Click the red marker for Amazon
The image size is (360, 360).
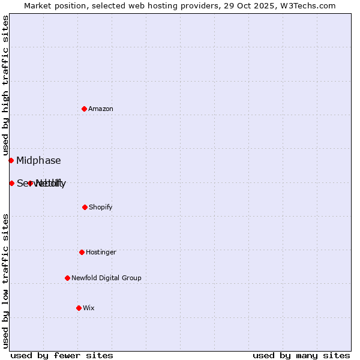coord(84,109)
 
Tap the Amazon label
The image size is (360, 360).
coord(101,109)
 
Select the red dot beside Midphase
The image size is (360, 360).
coord(11,160)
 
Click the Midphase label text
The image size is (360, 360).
coord(38,160)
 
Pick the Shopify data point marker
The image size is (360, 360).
coord(85,207)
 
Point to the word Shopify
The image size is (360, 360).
coord(101,208)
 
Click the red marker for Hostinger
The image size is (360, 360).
coord(82,252)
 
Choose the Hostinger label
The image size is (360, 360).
coord(101,253)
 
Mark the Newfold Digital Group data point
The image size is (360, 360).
coord(67,278)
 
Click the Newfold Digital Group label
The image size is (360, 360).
coord(106,278)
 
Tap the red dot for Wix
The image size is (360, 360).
coord(79,308)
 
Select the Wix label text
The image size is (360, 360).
coord(89,308)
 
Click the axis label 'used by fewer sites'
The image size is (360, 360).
coord(62,355)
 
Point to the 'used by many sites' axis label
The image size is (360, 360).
coord(301,355)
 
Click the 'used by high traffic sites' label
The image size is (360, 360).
coord(5,85)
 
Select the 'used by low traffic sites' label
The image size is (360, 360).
coord(5,281)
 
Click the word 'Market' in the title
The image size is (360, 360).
coord(39,5)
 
